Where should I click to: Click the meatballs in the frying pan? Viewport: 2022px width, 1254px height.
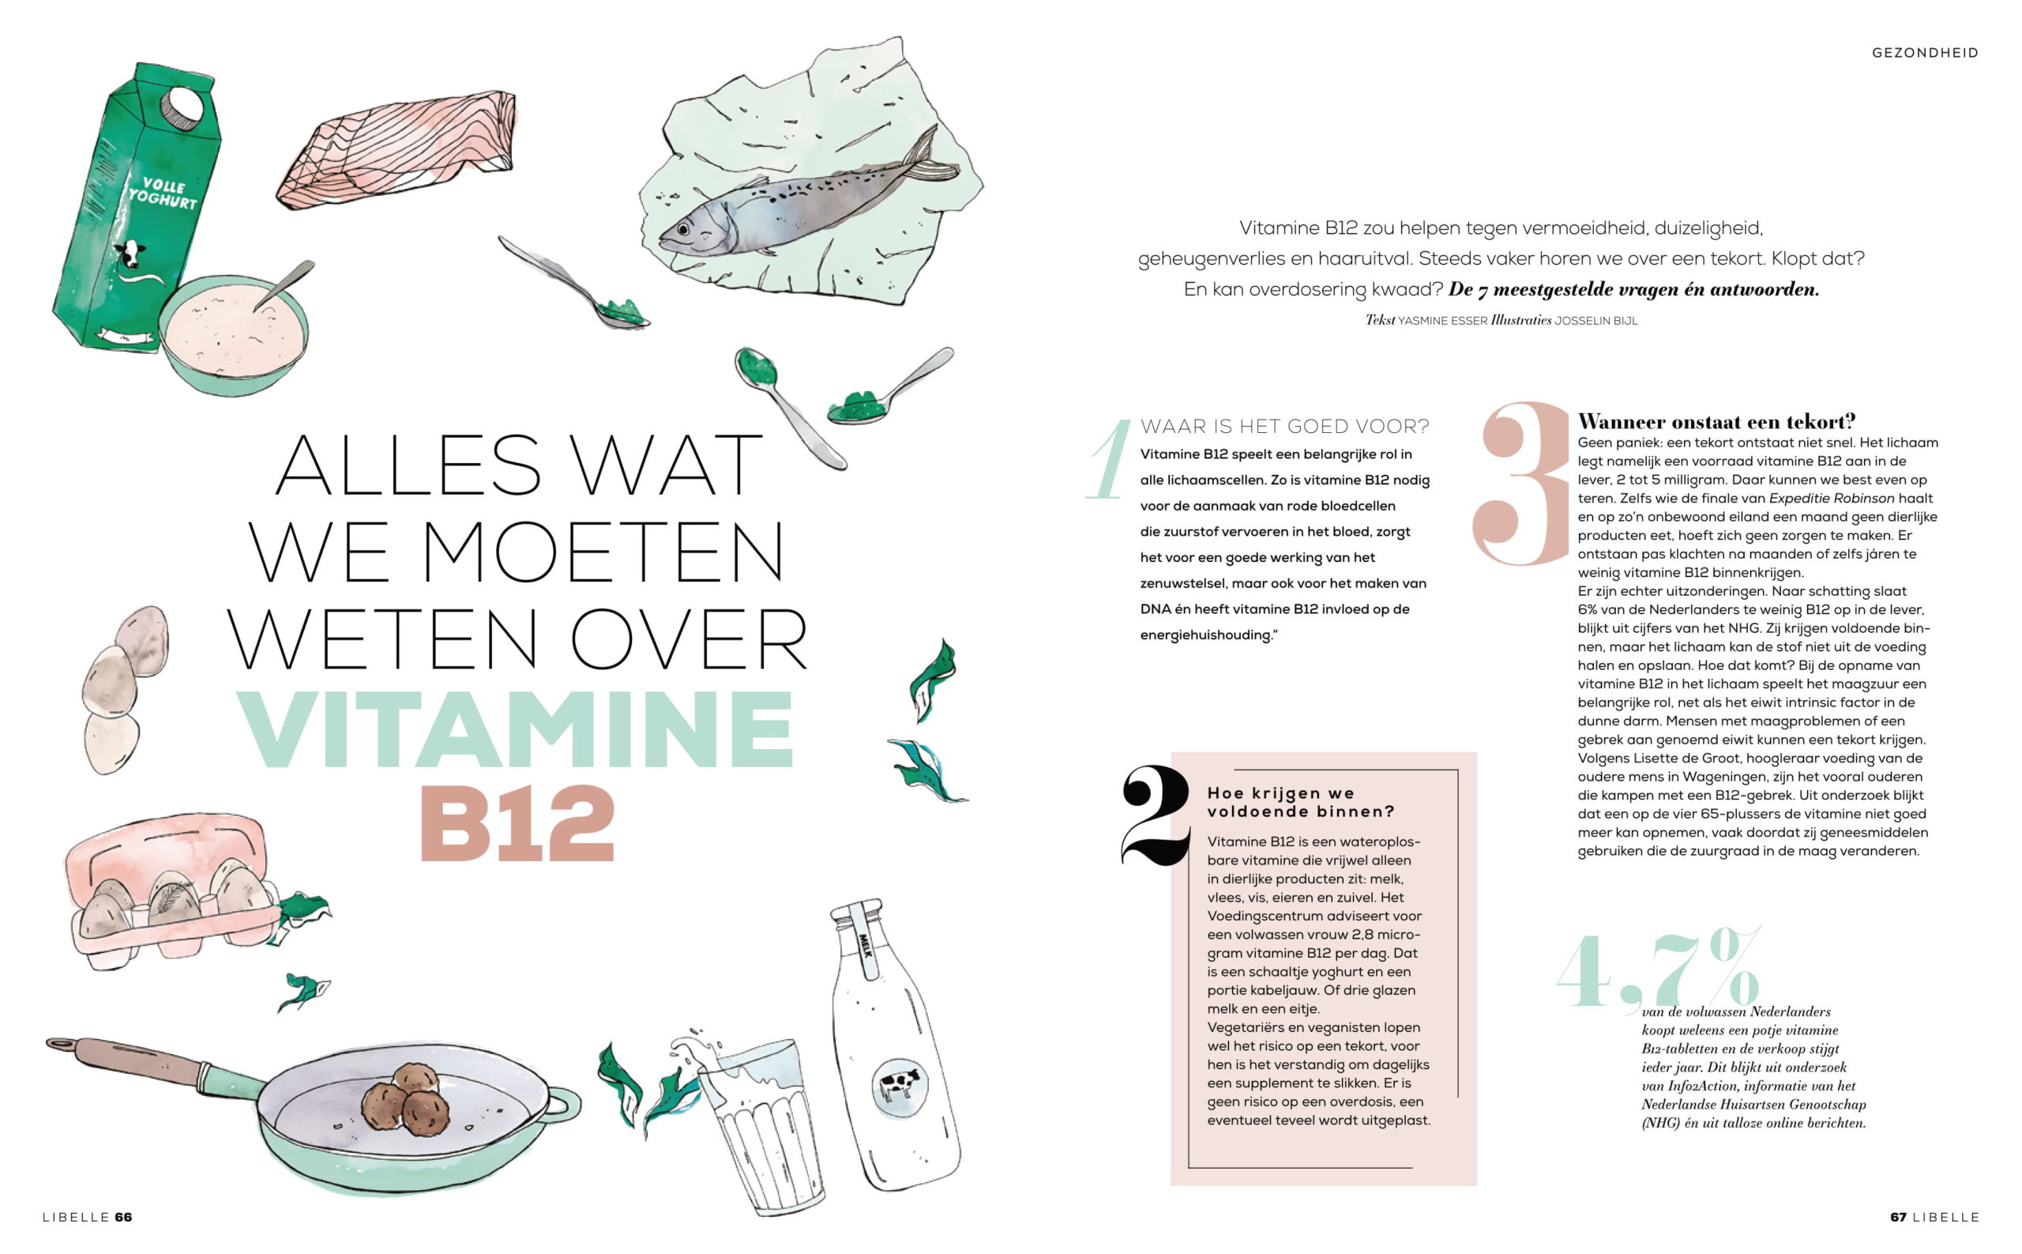coord(401,1098)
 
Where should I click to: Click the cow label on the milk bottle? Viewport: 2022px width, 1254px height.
coord(900,1086)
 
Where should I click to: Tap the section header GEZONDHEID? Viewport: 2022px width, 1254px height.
coord(1925,53)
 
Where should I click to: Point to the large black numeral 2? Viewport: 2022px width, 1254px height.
coord(1156,816)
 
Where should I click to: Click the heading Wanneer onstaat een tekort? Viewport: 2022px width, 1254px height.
coord(1716,421)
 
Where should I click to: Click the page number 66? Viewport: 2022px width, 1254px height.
coord(123,1217)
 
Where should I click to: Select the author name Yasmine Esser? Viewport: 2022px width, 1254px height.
coord(1442,321)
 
